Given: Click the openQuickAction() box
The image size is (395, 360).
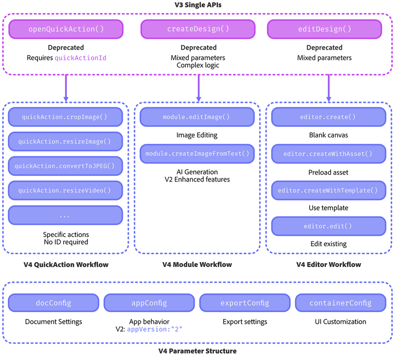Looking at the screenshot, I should pyautogui.click(x=65, y=29).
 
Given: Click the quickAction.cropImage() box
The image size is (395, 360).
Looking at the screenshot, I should pyautogui.click(x=65, y=117).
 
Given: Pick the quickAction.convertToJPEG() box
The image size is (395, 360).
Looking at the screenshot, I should pyautogui.click(x=65, y=166).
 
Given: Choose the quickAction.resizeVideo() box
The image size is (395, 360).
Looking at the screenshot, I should pyautogui.click(x=65, y=190).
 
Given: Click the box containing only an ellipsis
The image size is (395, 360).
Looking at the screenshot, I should pyautogui.click(x=65, y=215).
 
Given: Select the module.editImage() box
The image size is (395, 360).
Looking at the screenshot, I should pyautogui.click(x=197, y=117).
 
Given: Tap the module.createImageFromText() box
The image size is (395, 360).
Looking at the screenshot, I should pyautogui.click(x=197, y=154).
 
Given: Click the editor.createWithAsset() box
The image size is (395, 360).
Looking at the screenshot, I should pyautogui.click(x=329, y=154).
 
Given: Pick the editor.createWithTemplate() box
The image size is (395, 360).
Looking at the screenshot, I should pyautogui.click(x=329, y=190).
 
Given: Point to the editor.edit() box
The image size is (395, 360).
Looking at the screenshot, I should pyautogui.click(x=329, y=226).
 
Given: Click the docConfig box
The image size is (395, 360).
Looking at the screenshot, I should pyautogui.click(x=53, y=303).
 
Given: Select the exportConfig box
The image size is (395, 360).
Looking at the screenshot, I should pyautogui.click(x=245, y=303).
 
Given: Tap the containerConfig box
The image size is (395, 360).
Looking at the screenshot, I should pyautogui.click(x=341, y=303).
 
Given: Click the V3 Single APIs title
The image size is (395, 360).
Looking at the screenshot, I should pyautogui.click(x=197, y=6).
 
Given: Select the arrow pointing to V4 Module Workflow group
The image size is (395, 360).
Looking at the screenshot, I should pyautogui.click(x=199, y=87).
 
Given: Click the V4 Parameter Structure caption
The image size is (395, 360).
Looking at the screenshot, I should pyautogui.click(x=197, y=351).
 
